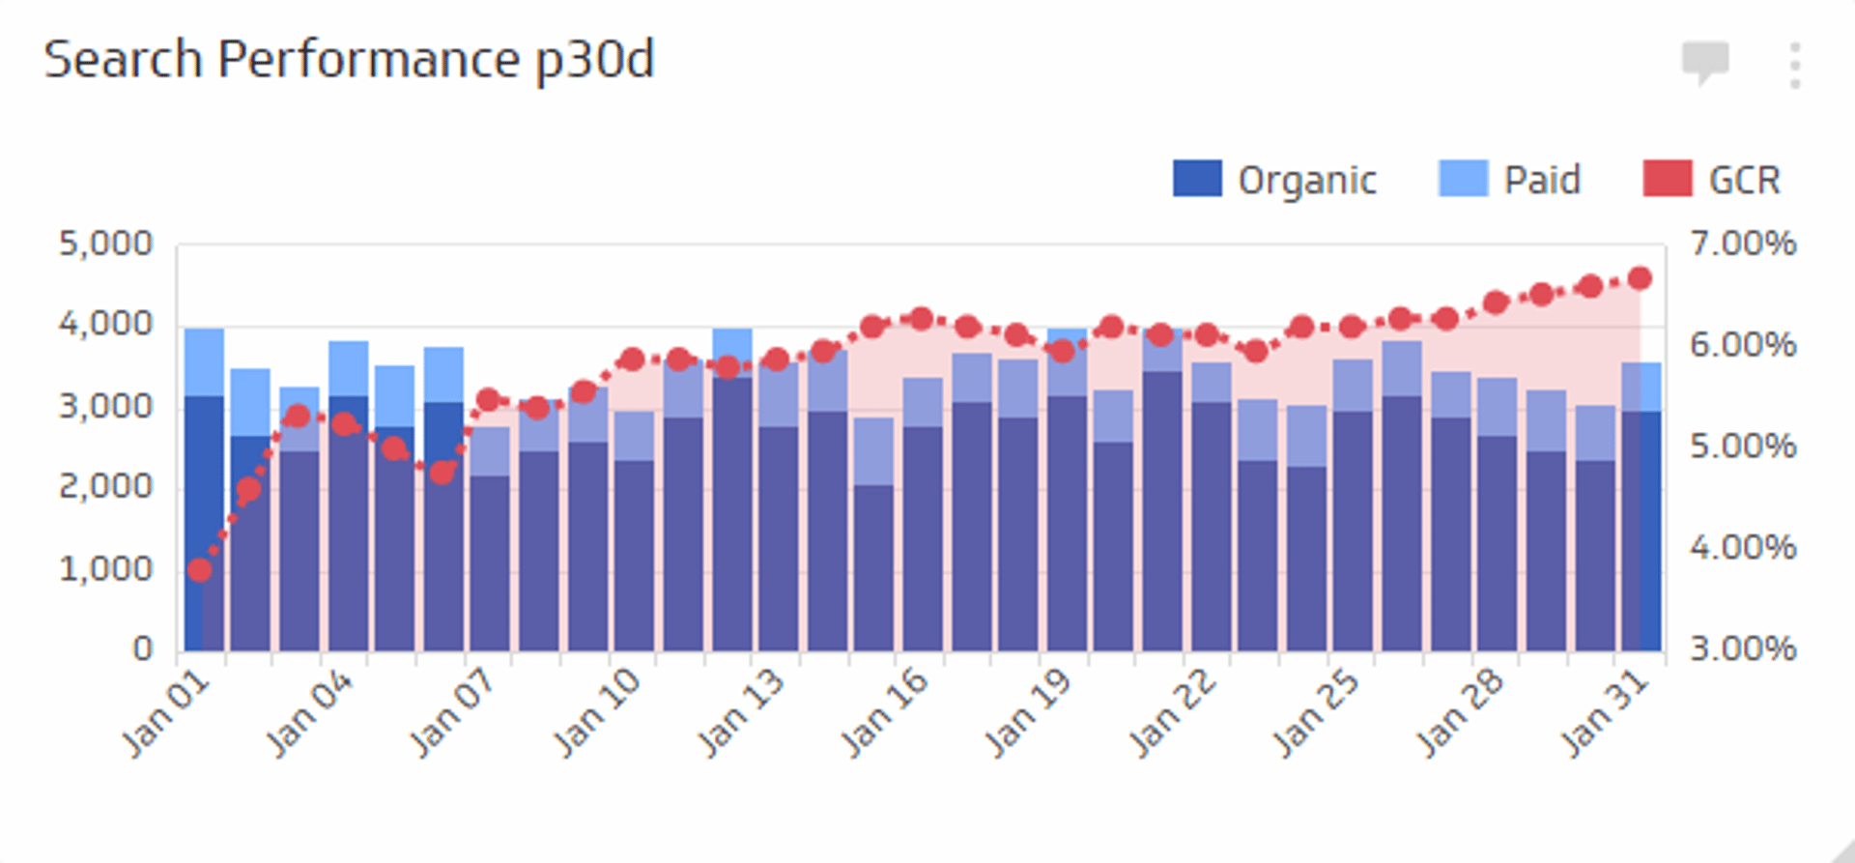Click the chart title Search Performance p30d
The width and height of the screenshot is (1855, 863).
click(x=349, y=60)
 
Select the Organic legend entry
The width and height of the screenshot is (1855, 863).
click(x=1274, y=180)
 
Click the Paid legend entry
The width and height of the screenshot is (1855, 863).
click(x=1509, y=180)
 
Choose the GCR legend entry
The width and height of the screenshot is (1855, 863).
click(x=1711, y=180)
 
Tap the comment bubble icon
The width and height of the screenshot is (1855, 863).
click(x=1705, y=63)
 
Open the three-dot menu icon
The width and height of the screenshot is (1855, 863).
click(x=1794, y=66)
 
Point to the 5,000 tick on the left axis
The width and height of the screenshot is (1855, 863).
click(x=105, y=244)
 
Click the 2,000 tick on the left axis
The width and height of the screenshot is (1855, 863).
click(x=105, y=486)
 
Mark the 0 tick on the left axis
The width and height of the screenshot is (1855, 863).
click(x=142, y=648)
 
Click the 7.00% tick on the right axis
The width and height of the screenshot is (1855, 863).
click(x=1743, y=244)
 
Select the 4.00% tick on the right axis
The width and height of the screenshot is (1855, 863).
click(x=1743, y=548)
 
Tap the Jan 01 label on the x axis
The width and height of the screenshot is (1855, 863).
click(x=166, y=714)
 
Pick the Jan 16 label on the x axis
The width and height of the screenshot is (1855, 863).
click(x=885, y=714)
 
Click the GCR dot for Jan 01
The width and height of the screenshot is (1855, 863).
click(x=200, y=570)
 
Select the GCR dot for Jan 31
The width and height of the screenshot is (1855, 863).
click(x=1640, y=278)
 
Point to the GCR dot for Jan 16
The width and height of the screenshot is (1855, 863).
click(x=921, y=318)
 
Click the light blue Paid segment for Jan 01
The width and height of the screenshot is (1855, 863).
click(x=204, y=361)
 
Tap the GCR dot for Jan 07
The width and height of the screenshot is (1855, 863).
click(x=488, y=400)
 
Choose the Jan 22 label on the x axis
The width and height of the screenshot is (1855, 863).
click(x=1172, y=714)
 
